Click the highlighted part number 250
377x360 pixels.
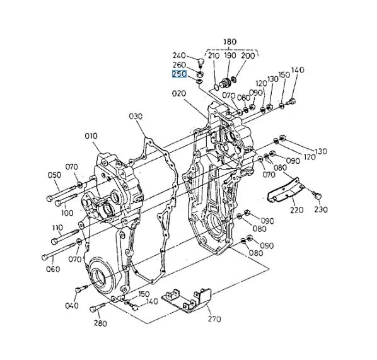[x=180, y=74]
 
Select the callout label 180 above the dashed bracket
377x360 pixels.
[x=230, y=42]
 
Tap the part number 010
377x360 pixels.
[x=91, y=136]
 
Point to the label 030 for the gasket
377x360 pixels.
[x=136, y=117]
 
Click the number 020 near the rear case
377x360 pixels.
[x=179, y=93]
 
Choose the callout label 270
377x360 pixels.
[x=214, y=319]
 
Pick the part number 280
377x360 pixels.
[x=100, y=323]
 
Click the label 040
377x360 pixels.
[x=72, y=306]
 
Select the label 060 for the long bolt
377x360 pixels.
[x=53, y=269]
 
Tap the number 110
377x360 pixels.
[x=57, y=228]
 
